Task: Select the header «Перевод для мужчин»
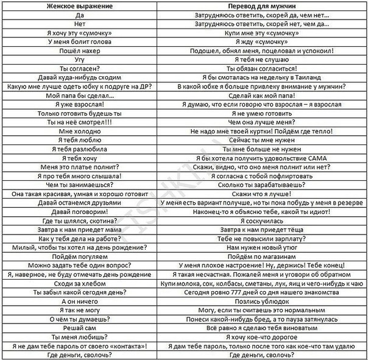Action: [261, 5]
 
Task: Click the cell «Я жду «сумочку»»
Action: [261, 41]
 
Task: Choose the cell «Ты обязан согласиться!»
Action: [261, 69]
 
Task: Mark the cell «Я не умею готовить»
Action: [261, 113]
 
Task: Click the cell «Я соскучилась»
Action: [261, 221]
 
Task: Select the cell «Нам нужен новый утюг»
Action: [261, 248]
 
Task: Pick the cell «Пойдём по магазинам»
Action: [261, 257]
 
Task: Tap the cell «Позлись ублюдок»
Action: [261, 302]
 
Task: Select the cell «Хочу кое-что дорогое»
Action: [261, 337]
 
